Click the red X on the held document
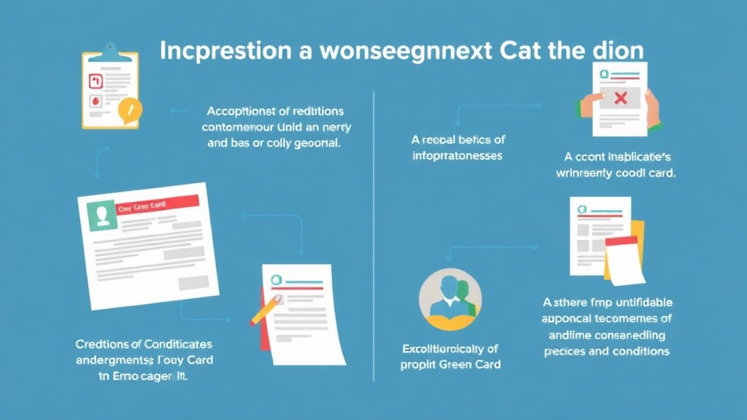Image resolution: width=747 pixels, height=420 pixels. [x=621, y=98]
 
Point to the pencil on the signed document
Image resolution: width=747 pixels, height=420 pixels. [x=263, y=310]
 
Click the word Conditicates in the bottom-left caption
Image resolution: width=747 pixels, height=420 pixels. [x=175, y=343]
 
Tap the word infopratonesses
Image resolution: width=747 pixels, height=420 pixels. [x=457, y=155]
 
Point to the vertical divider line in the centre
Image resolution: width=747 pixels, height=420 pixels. [x=373, y=233]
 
